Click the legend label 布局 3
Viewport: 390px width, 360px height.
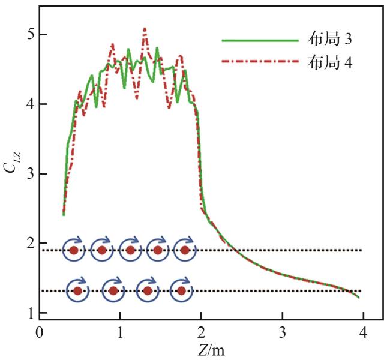tap(330, 40)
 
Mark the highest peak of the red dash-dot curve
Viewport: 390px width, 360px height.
tap(145, 28)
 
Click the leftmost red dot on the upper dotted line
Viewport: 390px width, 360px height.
tap(74, 250)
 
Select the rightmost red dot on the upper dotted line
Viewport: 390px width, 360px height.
tap(185, 250)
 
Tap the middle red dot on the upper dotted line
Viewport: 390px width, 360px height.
tap(130, 250)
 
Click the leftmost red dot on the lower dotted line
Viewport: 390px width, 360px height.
tap(77, 291)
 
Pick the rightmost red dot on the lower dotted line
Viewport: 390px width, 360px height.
tap(181, 291)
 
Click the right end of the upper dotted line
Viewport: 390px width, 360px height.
tap(362, 250)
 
